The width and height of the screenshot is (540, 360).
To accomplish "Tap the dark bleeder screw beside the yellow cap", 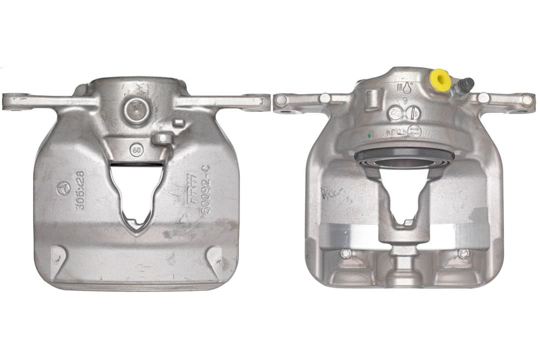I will pyautogui.click(x=464, y=86).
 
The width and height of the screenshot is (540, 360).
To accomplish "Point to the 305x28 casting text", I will pyautogui.click(x=79, y=190).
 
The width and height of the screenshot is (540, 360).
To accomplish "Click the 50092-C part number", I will pyautogui.click(x=205, y=190).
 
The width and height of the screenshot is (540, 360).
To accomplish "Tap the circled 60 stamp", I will pyautogui.click(x=135, y=149).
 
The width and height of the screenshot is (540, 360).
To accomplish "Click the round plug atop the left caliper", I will pyautogui.click(x=136, y=110).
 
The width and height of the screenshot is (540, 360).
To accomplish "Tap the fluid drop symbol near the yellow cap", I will pyautogui.click(x=407, y=87).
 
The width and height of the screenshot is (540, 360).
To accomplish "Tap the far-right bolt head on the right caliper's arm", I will pyautogui.click(x=526, y=99).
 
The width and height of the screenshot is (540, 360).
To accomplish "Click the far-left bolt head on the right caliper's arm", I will pyautogui.click(x=281, y=100).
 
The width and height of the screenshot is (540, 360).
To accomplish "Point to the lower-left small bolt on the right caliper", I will pyautogui.click(x=345, y=253).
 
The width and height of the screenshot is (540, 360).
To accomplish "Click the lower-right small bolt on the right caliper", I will pyautogui.click(x=463, y=253).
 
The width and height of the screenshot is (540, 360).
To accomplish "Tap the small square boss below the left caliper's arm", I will pyautogui.click(x=178, y=122).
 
